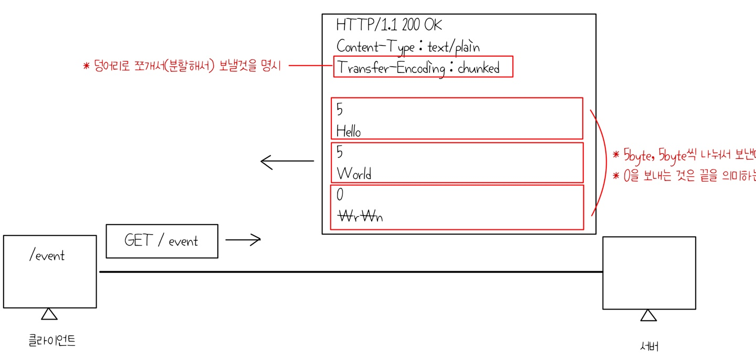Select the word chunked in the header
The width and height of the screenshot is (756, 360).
point(478,68)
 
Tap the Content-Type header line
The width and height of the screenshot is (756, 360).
point(408,47)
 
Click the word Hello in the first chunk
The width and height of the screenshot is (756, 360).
point(349,131)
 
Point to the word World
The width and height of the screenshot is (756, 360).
point(354,173)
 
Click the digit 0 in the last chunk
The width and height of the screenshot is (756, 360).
point(340,195)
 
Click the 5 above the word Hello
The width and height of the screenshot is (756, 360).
point(339,110)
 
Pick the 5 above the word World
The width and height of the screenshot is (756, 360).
point(339,153)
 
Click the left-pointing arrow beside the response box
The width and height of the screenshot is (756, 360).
point(287,162)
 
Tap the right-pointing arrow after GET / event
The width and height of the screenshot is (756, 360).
point(243,240)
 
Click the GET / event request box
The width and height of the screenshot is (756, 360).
point(162,241)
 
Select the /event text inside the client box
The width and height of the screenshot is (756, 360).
point(47,256)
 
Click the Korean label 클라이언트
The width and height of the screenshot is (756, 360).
point(52,341)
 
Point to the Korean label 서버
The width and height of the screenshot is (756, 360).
point(649,346)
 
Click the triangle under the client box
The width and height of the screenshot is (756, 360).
point(49,314)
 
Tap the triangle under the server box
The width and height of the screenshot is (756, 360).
point(648,315)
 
